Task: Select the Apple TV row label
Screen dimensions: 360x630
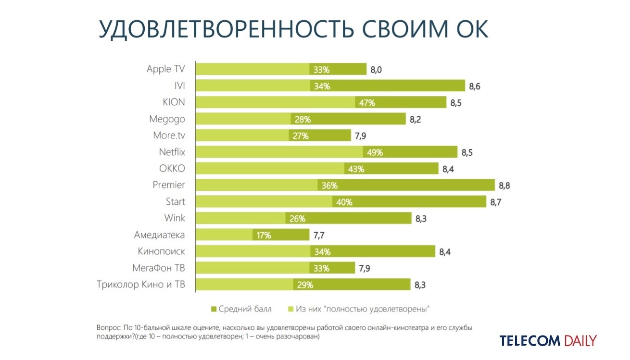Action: (x=165, y=69)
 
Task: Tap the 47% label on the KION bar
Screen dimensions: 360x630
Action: (x=365, y=102)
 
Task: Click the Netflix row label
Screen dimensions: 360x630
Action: (x=172, y=152)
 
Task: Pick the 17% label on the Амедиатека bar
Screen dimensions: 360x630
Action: (x=264, y=235)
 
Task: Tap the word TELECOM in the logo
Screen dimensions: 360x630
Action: (x=530, y=341)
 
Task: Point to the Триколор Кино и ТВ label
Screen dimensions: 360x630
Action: (x=141, y=285)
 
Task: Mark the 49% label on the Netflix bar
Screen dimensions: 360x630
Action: (x=375, y=152)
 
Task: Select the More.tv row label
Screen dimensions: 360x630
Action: (x=169, y=136)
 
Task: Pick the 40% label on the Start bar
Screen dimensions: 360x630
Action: (x=344, y=202)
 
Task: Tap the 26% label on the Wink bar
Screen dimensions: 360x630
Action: (x=298, y=219)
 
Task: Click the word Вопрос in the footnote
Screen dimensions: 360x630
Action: (x=109, y=328)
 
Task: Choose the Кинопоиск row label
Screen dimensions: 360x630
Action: (x=161, y=251)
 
